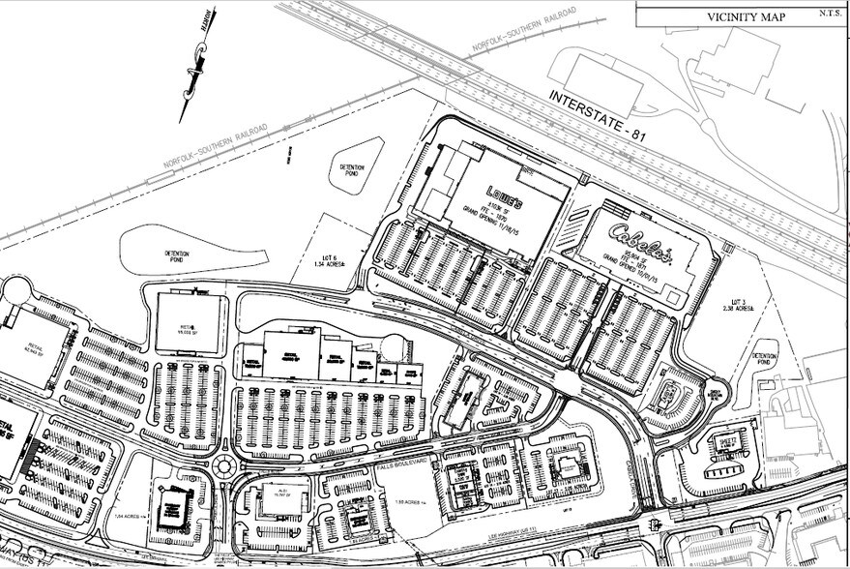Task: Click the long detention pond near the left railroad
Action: [x=193, y=250]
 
